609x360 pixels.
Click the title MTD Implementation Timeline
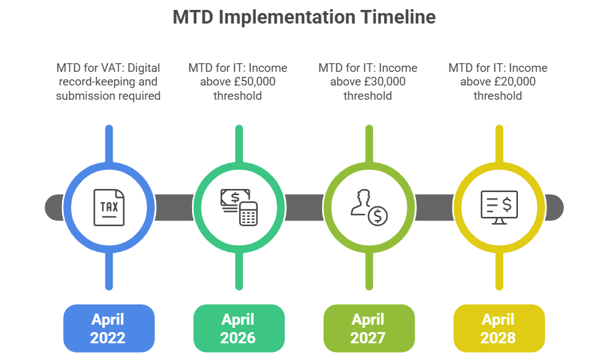[x=304, y=17]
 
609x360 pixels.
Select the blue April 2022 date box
[x=108, y=328]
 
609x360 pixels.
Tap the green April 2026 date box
[x=239, y=328]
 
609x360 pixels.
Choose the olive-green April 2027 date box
[x=369, y=328]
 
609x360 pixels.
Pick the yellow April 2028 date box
[x=499, y=328]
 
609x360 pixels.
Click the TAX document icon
[x=109, y=207]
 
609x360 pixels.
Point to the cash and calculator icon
[x=239, y=207]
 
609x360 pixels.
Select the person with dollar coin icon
[x=369, y=207]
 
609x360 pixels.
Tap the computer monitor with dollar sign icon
[x=499, y=207]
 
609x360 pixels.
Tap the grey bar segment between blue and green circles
[x=173, y=207]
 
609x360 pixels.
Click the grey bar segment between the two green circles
[x=304, y=207]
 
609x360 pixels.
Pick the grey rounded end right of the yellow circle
[x=553, y=207]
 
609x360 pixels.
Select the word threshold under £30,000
[x=367, y=95]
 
